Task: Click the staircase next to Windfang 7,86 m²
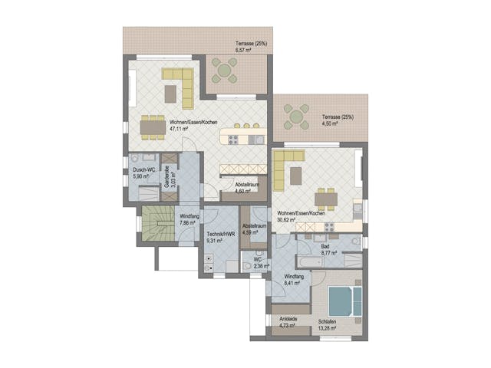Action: tap(157, 223)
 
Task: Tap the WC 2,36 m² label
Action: tap(260, 264)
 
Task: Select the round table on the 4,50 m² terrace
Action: tap(296, 117)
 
